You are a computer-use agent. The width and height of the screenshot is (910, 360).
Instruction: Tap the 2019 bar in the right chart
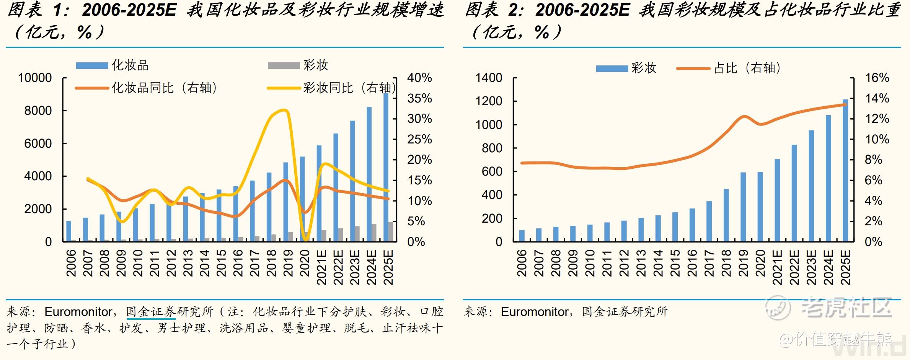coord(743,207)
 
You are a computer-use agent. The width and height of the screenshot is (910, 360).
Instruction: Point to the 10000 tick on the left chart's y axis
coord(35,78)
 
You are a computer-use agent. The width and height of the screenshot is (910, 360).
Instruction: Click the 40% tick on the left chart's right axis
coord(419,78)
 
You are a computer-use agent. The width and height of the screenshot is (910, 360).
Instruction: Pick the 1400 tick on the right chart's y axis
coord(489,78)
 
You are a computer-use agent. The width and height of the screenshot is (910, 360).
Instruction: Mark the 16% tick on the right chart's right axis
coord(877,78)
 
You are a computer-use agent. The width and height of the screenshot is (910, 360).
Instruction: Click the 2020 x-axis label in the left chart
coord(305,263)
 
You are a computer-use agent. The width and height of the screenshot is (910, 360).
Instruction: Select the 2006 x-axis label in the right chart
coord(522,263)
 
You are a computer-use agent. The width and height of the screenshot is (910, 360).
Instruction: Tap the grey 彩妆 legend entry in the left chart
coord(298,65)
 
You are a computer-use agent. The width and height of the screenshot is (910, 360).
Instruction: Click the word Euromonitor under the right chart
coord(535,312)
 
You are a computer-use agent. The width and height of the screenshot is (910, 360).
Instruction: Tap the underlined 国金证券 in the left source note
coord(151,312)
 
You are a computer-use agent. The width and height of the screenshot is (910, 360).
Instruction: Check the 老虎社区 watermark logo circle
coord(777,308)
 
